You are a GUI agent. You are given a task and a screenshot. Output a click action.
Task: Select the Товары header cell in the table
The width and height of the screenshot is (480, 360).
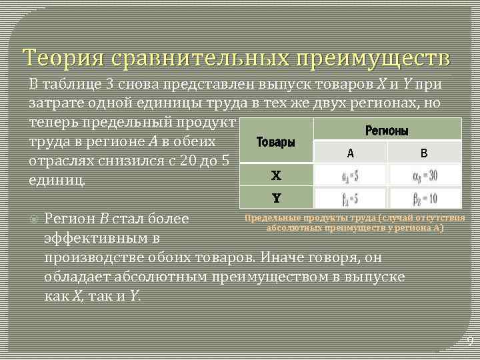[x=275, y=142]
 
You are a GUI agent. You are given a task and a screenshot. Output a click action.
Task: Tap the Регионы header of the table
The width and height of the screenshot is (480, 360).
[x=387, y=130]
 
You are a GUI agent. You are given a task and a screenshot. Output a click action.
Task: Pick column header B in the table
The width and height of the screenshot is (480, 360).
[x=424, y=153]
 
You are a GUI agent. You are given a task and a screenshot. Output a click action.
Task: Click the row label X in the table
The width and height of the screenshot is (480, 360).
[x=275, y=176]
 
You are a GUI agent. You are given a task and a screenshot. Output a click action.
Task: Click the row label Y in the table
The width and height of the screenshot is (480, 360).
[x=275, y=198]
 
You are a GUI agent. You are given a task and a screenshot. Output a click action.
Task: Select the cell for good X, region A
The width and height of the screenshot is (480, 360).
[x=351, y=176]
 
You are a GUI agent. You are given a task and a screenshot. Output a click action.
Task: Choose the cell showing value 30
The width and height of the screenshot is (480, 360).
[x=424, y=176]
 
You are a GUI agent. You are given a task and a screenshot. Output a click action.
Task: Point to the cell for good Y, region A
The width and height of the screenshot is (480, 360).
[x=351, y=198]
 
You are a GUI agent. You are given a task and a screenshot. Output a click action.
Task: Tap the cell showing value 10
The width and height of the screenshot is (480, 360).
[x=424, y=198]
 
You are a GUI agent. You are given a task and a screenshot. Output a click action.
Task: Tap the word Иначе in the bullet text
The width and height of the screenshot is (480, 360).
[x=281, y=257]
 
